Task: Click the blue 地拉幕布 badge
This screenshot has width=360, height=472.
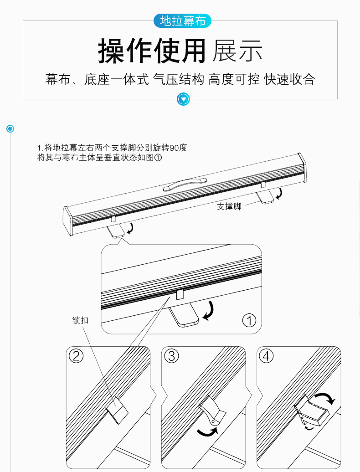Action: click(182, 21)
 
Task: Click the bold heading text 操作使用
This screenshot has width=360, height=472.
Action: click(152, 51)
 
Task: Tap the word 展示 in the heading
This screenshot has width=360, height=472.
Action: click(237, 51)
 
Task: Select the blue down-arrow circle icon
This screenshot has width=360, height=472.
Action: click(183, 99)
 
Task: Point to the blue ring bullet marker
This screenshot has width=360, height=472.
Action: click(10, 129)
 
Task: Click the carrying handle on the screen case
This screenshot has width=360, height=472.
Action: click(185, 184)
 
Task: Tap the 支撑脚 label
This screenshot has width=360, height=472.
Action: click(229, 206)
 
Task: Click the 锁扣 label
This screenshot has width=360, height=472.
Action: click(80, 320)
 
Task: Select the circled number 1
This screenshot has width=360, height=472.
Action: click(249, 321)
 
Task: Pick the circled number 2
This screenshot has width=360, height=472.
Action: click(76, 356)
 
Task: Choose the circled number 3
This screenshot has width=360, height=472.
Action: click(172, 356)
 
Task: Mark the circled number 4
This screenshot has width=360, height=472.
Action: click(267, 356)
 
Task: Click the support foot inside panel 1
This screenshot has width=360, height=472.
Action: click(184, 314)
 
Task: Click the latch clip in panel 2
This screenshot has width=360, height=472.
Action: click(118, 410)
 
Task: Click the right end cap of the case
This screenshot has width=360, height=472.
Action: click(302, 167)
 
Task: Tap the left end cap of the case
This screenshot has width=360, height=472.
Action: click(68, 221)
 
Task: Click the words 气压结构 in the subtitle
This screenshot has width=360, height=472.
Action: click(179, 79)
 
